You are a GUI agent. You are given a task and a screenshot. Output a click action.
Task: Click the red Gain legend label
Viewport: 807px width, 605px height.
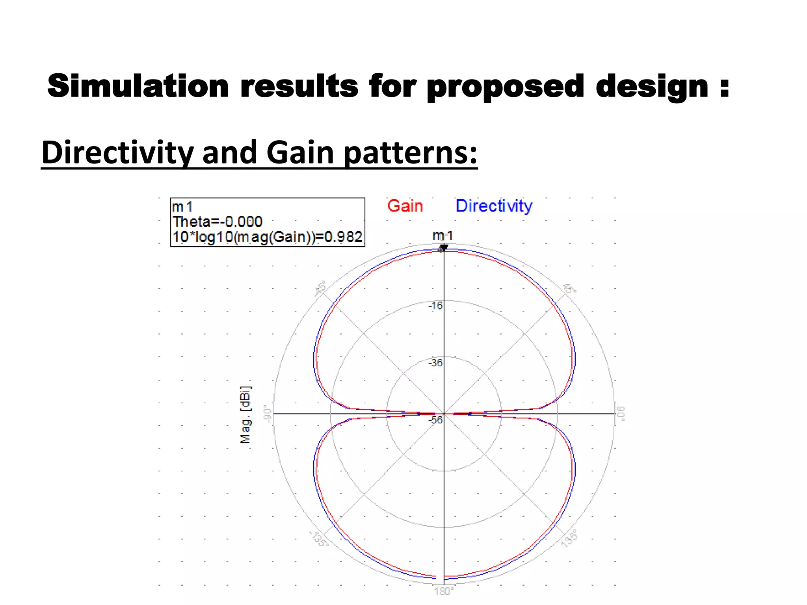(x=405, y=206)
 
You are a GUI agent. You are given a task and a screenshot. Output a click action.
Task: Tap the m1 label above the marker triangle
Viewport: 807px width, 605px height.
(x=443, y=236)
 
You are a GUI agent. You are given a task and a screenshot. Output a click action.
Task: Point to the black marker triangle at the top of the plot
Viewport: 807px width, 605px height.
(x=444, y=248)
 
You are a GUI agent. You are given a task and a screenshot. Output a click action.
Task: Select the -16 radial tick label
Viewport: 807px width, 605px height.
(x=436, y=306)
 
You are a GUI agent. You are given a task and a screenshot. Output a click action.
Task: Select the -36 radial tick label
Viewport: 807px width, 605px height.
(x=435, y=363)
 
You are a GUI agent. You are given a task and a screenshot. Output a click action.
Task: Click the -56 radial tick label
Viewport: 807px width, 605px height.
(x=436, y=420)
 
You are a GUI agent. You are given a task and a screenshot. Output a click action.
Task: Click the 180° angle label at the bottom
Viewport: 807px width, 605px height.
(x=444, y=591)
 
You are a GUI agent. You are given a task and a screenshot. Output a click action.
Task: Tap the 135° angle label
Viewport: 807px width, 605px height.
(x=569, y=538)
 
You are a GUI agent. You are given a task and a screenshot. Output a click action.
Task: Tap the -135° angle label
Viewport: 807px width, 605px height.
(x=319, y=538)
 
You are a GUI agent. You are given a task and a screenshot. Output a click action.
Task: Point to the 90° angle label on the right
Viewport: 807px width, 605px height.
(x=621, y=414)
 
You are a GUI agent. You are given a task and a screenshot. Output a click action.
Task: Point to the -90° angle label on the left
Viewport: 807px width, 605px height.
(x=268, y=414)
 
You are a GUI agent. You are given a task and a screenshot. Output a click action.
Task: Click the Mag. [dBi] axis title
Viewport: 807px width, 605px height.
(x=245, y=414)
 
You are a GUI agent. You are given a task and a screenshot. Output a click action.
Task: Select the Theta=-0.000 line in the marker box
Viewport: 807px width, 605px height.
(x=217, y=222)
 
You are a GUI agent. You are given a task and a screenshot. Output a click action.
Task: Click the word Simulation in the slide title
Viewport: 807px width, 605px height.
(x=138, y=86)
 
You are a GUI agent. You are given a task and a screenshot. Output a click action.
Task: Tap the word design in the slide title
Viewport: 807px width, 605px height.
(x=652, y=87)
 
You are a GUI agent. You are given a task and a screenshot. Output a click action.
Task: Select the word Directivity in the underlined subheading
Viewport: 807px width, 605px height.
(x=117, y=153)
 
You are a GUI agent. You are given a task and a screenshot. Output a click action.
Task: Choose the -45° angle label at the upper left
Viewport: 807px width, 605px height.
(x=320, y=288)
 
